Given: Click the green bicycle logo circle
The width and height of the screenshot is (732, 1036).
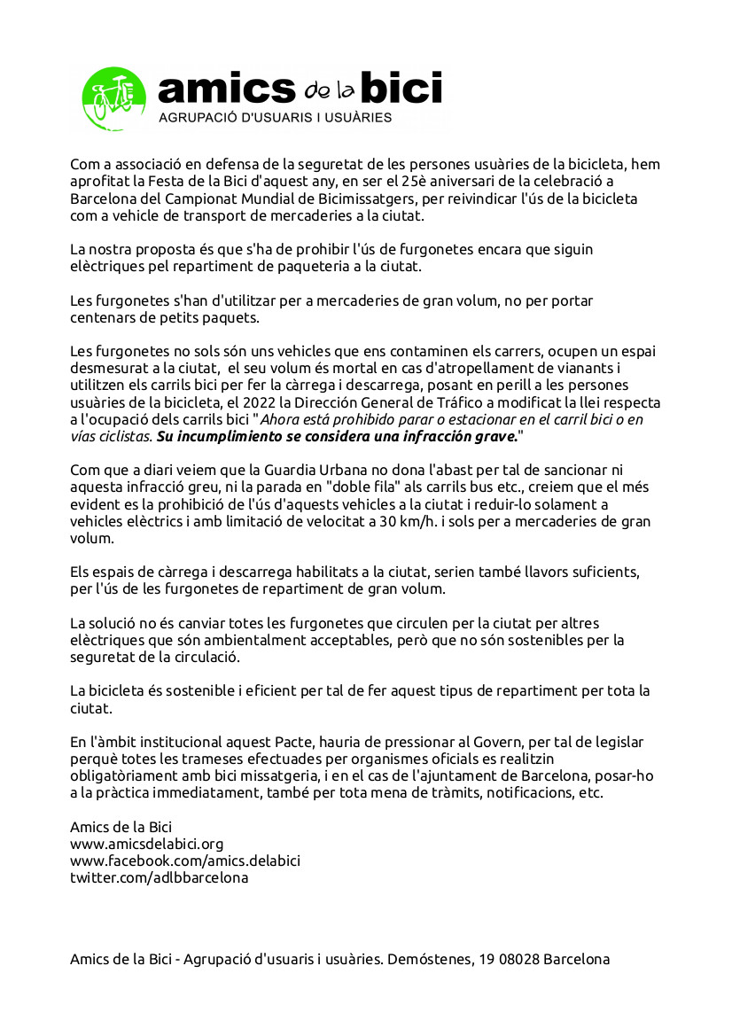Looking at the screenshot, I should point(113,97).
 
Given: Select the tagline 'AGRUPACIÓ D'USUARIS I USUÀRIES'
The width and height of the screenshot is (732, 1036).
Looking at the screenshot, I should point(274,117).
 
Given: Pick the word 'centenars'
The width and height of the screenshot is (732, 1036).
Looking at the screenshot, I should point(101,316).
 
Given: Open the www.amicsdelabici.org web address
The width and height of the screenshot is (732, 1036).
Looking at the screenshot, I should point(146,844).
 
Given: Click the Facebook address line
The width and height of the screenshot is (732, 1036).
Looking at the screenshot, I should point(185,861).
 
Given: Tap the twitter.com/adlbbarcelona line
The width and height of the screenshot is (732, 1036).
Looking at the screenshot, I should point(159,877).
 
